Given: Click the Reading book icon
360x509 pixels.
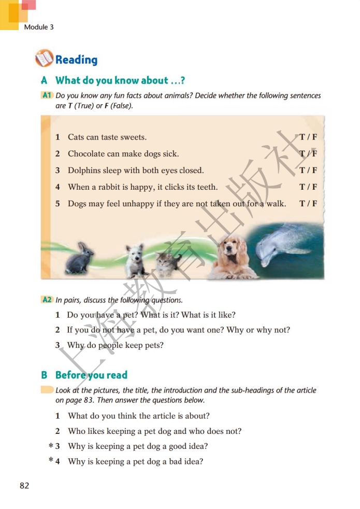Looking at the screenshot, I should pos(44,59).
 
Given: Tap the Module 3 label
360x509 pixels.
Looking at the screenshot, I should pos(39,27).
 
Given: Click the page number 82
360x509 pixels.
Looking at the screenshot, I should pos(24,486).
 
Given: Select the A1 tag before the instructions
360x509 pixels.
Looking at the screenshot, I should pos(47,95).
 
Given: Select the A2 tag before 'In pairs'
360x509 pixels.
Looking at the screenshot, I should pos(47,300).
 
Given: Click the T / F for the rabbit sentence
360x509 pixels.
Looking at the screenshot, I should pos(308,187).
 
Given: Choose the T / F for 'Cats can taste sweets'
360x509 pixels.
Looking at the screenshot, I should pos(308,137).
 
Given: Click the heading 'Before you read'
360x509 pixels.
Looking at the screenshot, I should pos(91,375).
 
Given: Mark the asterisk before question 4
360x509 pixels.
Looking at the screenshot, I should pos(51,460).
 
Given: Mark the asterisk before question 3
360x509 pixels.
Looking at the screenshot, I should pos(51,445).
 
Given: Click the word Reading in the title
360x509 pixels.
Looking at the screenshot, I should pos(76,60).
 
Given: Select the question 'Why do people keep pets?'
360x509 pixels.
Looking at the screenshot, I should pos(115,345).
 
